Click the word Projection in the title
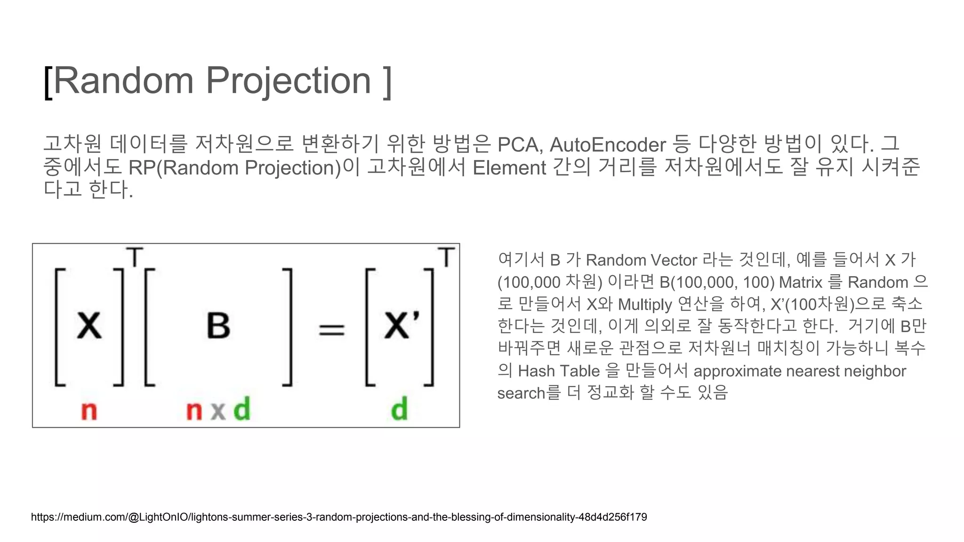(x=288, y=81)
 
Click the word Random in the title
(x=123, y=81)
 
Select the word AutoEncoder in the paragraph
(x=608, y=145)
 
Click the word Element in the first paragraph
(x=509, y=168)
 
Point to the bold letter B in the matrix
(x=218, y=326)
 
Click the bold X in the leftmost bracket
(x=89, y=326)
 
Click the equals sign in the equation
(x=332, y=329)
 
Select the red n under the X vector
(x=89, y=411)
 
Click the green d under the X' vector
(x=399, y=409)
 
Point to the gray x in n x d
(x=218, y=411)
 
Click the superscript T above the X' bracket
(x=446, y=257)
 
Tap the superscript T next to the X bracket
(x=135, y=257)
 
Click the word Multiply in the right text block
(x=645, y=305)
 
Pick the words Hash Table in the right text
(x=559, y=371)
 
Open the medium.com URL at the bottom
(x=339, y=517)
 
